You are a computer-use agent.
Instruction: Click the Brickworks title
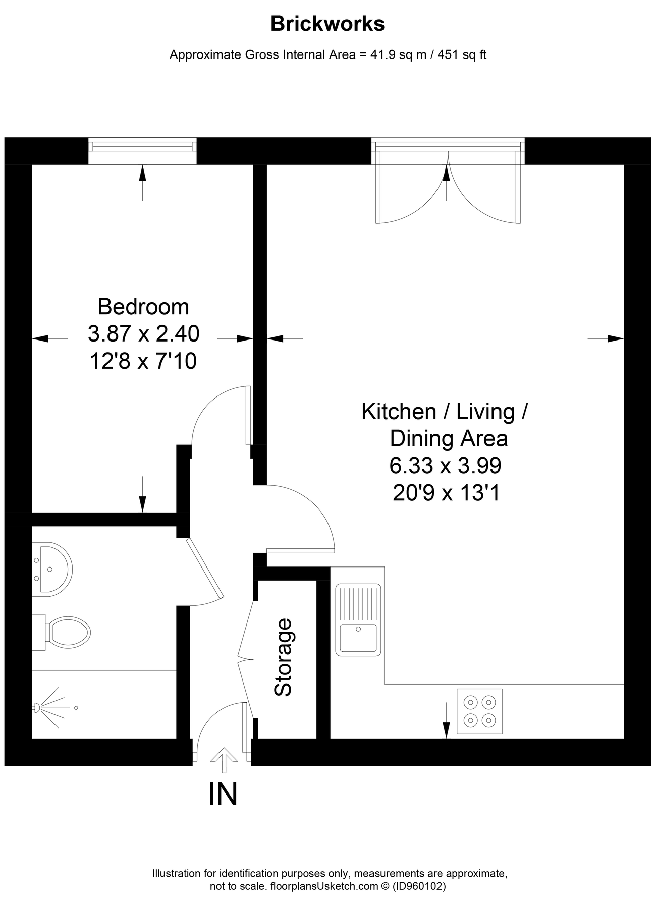coord(327,24)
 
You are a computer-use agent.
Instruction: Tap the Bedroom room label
coord(143,307)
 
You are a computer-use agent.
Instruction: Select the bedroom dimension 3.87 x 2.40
coord(144,333)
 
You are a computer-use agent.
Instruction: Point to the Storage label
coord(283,657)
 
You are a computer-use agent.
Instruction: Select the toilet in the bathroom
coord(61,632)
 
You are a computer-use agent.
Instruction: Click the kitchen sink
coord(358,619)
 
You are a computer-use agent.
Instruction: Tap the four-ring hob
coord(479,711)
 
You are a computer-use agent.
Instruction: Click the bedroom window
coord(143,151)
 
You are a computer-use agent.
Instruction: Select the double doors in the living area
coord(448,182)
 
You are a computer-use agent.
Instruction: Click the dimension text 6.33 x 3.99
coord(446,466)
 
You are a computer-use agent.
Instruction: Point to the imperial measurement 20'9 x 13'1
coord(446,493)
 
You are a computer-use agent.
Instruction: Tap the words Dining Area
coord(449,438)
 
